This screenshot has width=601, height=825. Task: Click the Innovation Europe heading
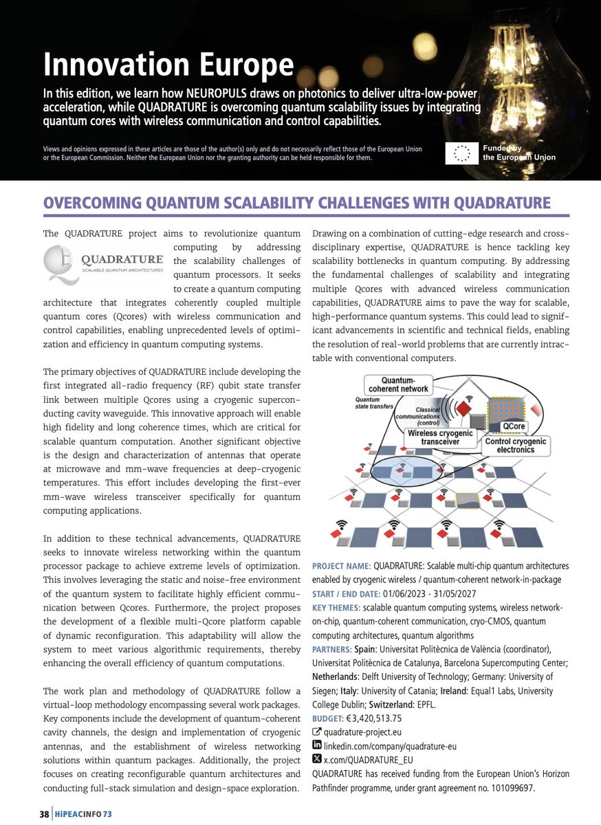tap(168, 65)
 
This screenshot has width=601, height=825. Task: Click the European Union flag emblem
tap(461, 153)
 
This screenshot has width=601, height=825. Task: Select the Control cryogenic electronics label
tap(516, 445)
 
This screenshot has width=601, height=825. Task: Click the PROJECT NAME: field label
tap(341, 566)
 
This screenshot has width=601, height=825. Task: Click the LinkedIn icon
tap(316, 745)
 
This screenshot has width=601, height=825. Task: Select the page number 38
tap(43, 815)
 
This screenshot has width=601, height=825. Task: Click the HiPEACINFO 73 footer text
tap(83, 815)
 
